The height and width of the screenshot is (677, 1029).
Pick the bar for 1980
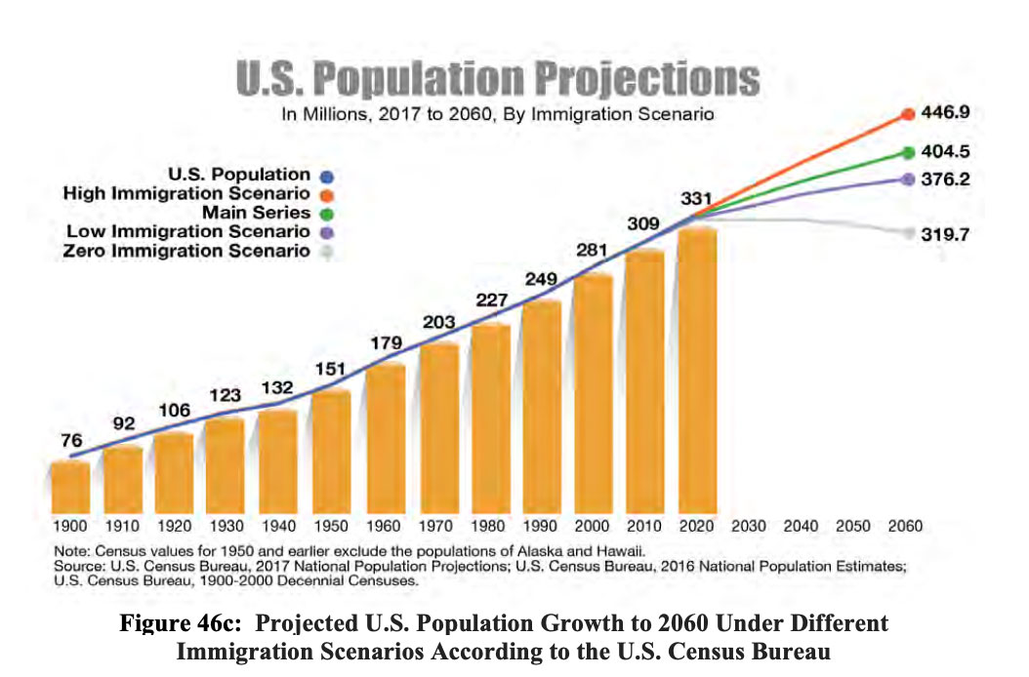tap(491, 418)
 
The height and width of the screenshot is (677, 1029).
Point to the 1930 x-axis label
tap(226, 526)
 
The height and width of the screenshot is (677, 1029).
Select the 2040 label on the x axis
tap(801, 526)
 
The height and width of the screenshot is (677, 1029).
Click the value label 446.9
tap(945, 113)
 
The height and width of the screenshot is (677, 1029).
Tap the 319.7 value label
tap(945, 234)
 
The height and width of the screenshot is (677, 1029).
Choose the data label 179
tap(385, 342)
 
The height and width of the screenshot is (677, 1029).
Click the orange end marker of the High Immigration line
tap(908, 114)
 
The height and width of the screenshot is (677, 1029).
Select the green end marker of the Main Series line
tap(908, 152)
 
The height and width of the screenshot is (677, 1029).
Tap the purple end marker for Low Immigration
tap(908, 179)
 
